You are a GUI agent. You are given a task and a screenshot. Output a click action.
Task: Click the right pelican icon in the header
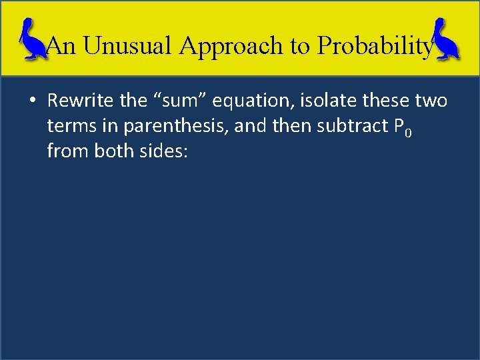446,40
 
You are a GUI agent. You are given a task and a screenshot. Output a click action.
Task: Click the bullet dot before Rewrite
32,101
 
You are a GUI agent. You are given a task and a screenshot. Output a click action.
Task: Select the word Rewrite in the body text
79,101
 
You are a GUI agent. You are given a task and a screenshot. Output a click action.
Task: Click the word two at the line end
432,101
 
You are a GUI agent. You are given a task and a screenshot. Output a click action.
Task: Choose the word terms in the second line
67,127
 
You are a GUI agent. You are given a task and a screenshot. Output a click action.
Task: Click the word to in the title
302,45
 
